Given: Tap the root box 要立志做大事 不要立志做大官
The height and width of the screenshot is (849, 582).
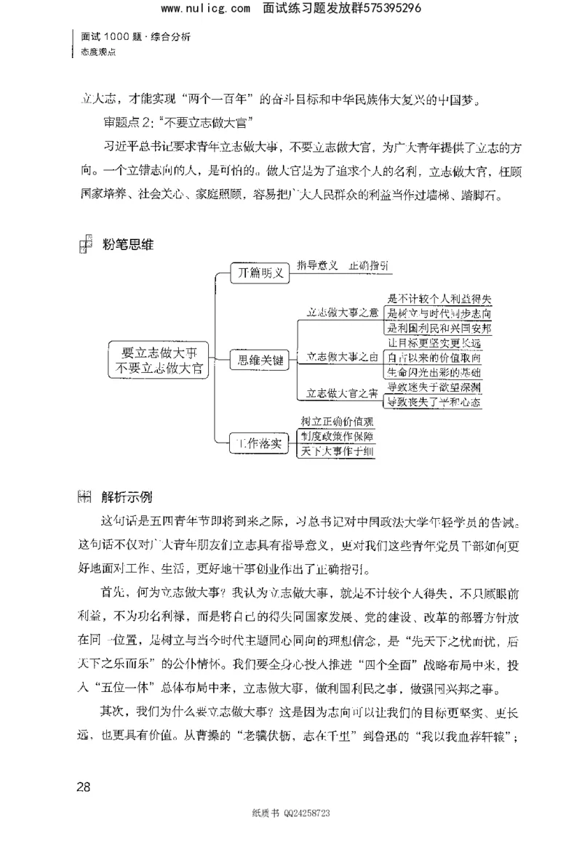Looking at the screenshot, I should click(158, 359).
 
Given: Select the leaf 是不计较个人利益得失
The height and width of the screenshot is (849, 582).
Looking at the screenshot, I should click(439, 299).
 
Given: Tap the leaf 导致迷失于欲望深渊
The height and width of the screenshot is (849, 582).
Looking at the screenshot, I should click(434, 387).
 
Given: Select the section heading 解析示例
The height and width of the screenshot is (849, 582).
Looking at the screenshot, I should click(127, 497).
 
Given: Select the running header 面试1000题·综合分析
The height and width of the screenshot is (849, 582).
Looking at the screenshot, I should click(135, 37).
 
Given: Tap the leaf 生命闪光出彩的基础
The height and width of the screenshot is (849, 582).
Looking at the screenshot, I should click(434, 372).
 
